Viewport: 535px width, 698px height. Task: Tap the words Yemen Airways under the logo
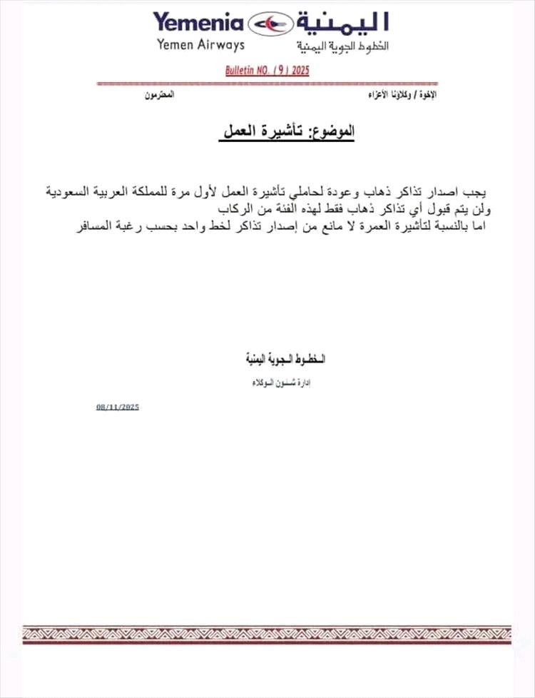pos(200,45)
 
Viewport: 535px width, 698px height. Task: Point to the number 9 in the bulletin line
pos(276,71)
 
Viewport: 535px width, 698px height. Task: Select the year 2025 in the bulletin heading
pos(298,71)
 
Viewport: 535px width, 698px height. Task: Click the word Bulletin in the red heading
pos(241,71)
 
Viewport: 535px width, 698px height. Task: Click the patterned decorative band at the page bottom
pos(267,634)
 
